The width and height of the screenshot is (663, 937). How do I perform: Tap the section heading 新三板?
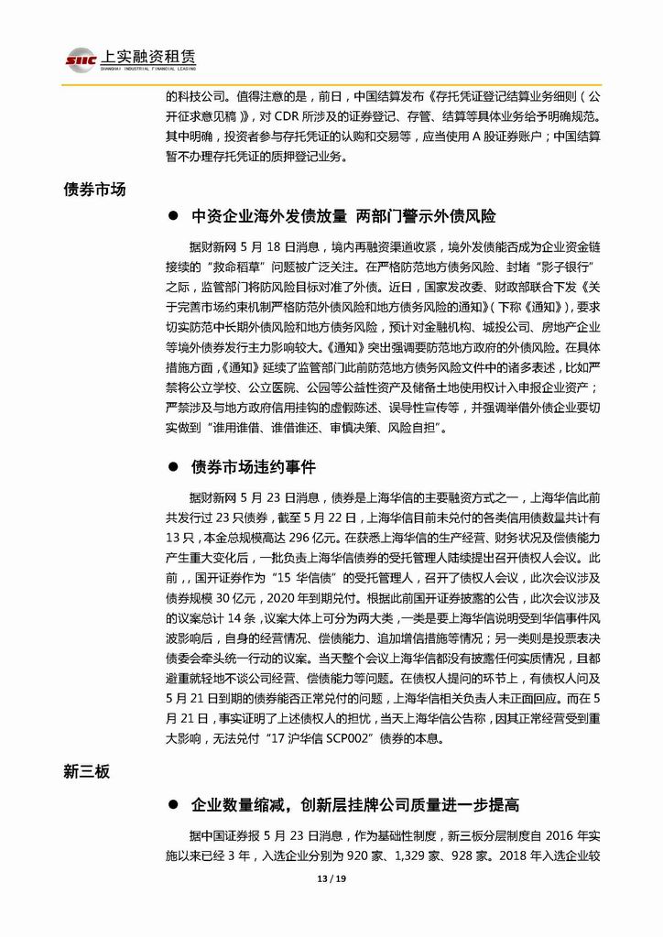point(87,772)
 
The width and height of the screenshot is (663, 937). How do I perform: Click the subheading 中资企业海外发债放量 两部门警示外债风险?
point(343,217)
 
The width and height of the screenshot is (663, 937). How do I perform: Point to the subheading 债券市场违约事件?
point(254,467)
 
